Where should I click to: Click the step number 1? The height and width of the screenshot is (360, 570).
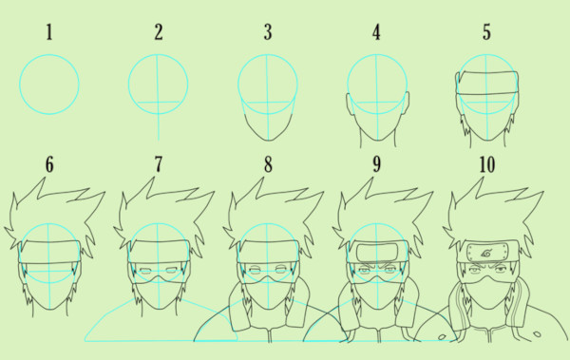(x=49, y=32)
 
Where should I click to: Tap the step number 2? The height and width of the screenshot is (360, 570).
(x=159, y=32)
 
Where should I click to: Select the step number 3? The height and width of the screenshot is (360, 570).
(x=268, y=32)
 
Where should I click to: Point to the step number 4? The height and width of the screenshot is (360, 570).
(x=376, y=32)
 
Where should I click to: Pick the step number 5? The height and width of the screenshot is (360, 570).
(x=486, y=32)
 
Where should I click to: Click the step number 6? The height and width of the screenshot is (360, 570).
(x=49, y=164)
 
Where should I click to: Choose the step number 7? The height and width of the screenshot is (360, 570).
(x=159, y=164)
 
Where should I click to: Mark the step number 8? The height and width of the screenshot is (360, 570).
(x=268, y=164)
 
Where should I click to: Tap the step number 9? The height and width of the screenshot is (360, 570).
(x=376, y=164)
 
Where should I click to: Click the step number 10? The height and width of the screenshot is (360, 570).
(x=487, y=164)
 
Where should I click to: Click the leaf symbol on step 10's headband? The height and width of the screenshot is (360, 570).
(x=486, y=252)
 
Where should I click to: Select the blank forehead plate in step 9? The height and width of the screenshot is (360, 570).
(x=377, y=253)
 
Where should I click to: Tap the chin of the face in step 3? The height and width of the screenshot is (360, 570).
(x=269, y=140)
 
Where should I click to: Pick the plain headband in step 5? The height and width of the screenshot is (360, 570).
(x=486, y=83)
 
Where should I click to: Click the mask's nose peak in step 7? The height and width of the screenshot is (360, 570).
(x=159, y=276)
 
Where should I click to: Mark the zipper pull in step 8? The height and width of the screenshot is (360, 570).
(x=270, y=334)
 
